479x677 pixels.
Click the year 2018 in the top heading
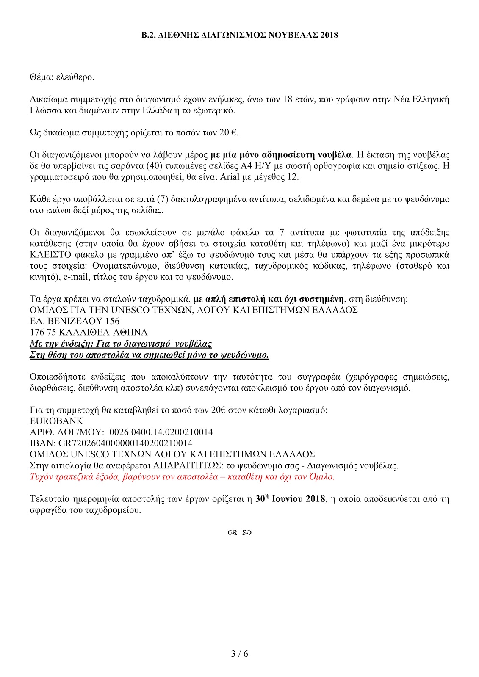point(329,35)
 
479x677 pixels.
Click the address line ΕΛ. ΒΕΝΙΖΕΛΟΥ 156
point(75,321)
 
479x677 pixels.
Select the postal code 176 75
point(43,332)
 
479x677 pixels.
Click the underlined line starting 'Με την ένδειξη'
point(121,344)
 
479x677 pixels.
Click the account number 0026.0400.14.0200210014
point(161,432)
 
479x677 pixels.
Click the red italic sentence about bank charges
point(182,477)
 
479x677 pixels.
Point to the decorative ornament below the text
point(239,533)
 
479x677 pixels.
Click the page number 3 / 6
point(240,654)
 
